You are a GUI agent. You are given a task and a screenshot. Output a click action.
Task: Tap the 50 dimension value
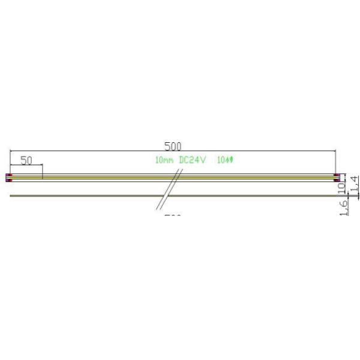26,160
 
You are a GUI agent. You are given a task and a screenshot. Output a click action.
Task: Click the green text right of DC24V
224,160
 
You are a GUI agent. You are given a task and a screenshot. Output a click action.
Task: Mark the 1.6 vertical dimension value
344,208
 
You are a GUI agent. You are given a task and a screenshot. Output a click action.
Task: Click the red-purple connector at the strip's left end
8,177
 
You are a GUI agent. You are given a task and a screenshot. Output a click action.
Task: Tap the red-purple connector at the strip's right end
337,177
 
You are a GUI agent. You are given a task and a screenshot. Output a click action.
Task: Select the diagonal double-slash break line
170,189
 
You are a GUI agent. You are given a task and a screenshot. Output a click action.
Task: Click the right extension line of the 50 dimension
43,172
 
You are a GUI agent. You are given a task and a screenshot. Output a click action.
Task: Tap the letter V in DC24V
203,160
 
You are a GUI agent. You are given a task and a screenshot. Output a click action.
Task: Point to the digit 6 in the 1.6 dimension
344,203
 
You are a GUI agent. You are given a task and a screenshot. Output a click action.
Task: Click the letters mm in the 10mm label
169,161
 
